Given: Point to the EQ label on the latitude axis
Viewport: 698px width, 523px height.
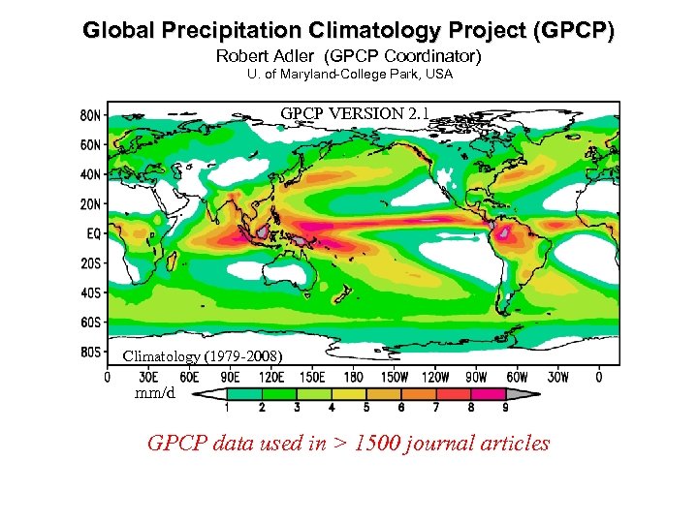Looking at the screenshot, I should (89, 234).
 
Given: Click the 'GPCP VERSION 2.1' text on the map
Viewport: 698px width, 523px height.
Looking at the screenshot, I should (355, 113).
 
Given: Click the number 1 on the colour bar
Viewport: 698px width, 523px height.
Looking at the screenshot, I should (227, 409).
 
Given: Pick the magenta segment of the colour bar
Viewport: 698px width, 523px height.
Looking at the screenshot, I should (490, 394).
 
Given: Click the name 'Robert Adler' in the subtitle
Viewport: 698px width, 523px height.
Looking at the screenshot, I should (256, 56).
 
